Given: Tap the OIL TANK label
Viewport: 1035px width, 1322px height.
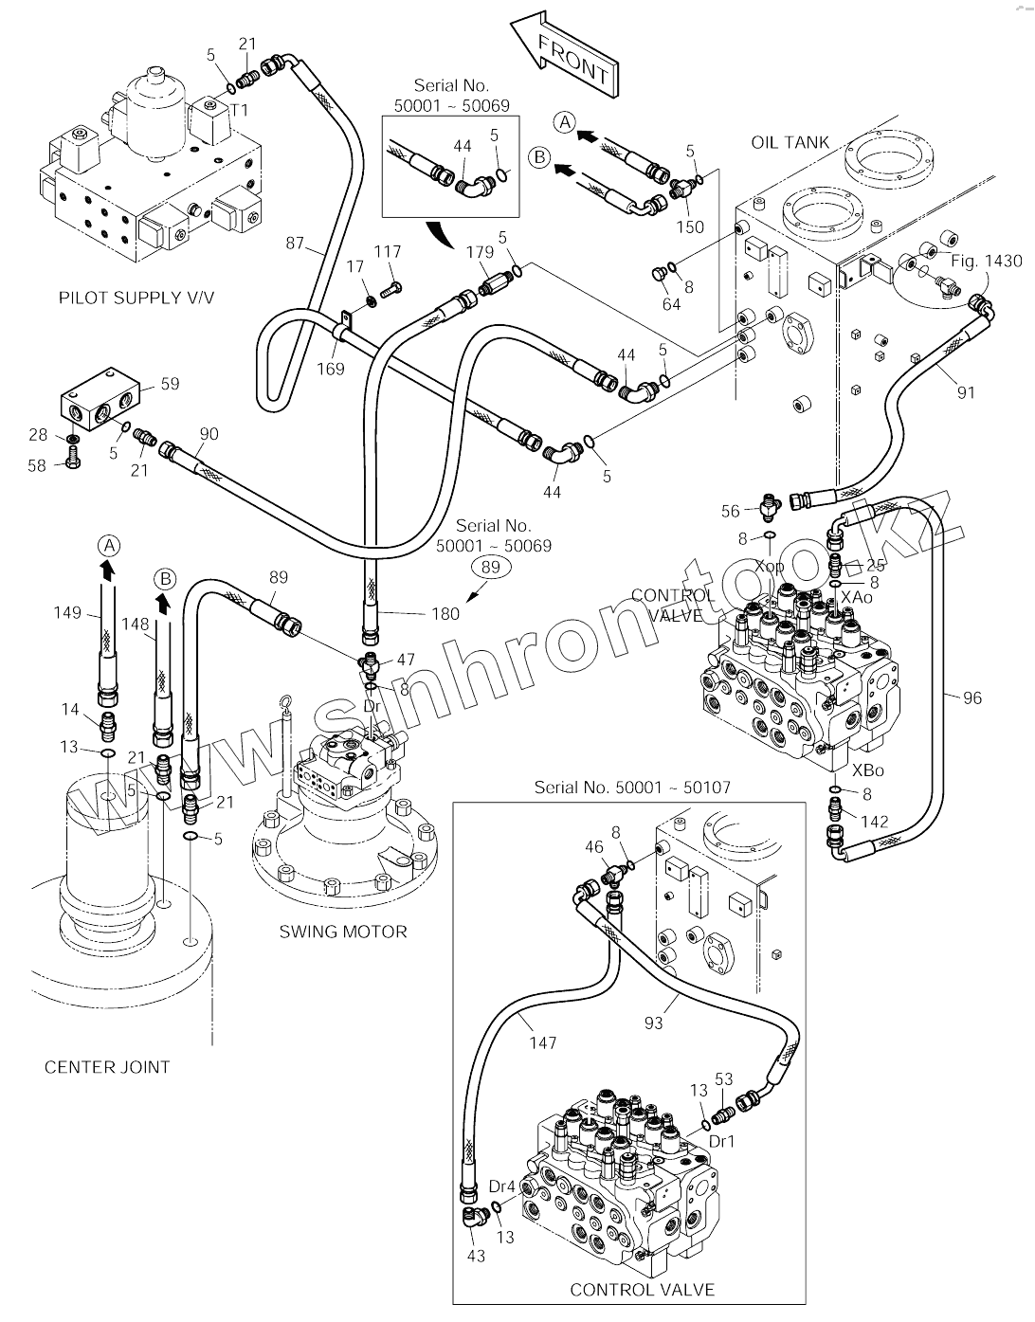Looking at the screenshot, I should [x=790, y=142].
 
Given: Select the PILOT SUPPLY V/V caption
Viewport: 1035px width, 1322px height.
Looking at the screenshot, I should [x=136, y=298].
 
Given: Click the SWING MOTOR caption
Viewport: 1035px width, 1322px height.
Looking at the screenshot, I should [x=342, y=932].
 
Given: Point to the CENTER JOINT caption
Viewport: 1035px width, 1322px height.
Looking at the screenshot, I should [x=107, y=1067].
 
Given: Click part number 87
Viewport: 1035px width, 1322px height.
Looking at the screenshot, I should [x=295, y=244].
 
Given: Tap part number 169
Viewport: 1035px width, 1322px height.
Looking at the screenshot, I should [x=330, y=369].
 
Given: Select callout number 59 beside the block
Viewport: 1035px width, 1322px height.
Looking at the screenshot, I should [x=170, y=384].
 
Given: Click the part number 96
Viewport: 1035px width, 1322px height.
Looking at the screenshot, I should [x=971, y=698].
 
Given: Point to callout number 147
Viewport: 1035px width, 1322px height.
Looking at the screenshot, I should [x=542, y=1042].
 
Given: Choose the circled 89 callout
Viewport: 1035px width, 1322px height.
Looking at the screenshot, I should [x=490, y=568].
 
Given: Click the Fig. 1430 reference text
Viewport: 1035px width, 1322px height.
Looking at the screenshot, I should [x=988, y=261].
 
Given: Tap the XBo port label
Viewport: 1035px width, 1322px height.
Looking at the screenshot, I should [x=868, y=770].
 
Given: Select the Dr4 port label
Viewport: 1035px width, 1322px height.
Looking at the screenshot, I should [x=501, y=1186].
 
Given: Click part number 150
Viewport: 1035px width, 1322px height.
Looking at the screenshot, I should [x=690, y=226].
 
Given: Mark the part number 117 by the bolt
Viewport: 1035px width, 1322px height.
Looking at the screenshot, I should [x=387, y=251].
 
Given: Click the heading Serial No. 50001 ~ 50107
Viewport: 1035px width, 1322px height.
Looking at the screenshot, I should [x=632, y=787].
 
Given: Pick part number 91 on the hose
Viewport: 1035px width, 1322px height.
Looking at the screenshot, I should [x=966, y=392].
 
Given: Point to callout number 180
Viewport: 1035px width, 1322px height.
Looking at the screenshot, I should [x=445, y=613].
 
